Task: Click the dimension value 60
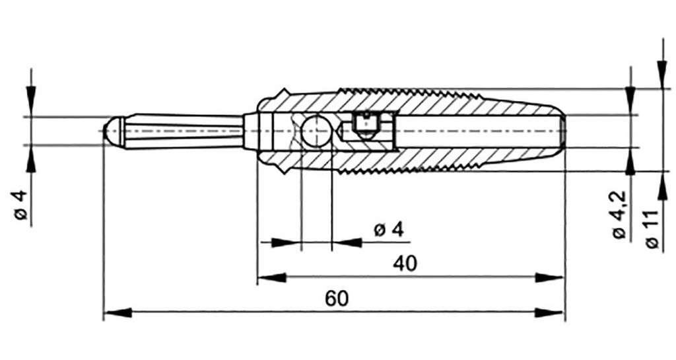pos(336,299)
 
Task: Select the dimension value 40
pos(405,264)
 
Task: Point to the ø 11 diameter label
pos(653,229)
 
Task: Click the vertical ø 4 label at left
pos(21,205)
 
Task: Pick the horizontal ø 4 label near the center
pos(389,230)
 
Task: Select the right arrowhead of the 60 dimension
pos(549,313)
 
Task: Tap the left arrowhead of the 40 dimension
pos(271,277)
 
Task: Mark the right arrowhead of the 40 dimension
pos(549,277)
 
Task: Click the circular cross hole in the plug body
pos(316,131)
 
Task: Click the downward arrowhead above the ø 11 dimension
pos(661,75)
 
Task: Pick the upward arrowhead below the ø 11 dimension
pos(661,186)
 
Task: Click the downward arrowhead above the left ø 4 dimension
pos(30,101)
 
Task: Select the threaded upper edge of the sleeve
pos(409,92)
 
